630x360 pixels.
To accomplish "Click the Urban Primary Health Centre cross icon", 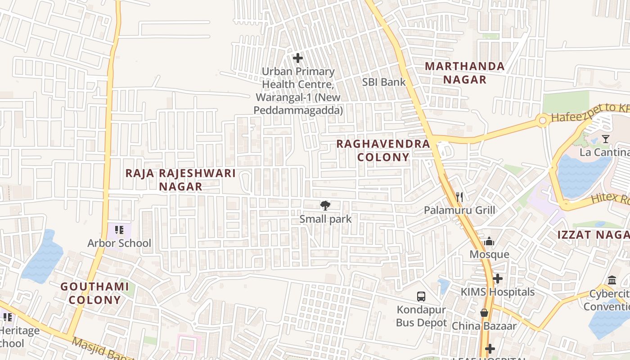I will coord(297,58).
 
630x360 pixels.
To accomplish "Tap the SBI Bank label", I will coord(384,82).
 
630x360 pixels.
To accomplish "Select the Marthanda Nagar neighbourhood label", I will coord(465,73).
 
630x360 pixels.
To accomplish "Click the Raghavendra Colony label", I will coord(383,150).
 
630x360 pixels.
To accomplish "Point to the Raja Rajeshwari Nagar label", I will coord(180,180).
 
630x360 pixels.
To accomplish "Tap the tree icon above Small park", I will coord(325,206).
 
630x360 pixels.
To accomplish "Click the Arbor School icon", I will coord(119,230).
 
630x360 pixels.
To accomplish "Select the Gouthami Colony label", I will coord(94,293).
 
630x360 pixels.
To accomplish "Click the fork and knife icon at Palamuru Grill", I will coord(459,197).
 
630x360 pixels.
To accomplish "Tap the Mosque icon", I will coord(489,242).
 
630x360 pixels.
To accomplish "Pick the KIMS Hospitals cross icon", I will coord(497,279).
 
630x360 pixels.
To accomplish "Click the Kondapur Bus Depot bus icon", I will coord(421,297).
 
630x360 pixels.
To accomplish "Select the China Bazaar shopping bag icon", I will coord(484,313).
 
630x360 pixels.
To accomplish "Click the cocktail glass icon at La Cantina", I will coord(606,139).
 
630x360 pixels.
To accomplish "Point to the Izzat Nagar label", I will coord(593,235).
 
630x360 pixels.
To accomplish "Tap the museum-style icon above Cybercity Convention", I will coord(612,280).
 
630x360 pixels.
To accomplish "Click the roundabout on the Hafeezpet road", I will coord(543,120).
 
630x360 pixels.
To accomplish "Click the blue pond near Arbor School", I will coord(44,257).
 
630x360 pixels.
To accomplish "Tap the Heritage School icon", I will coord(7,317).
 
